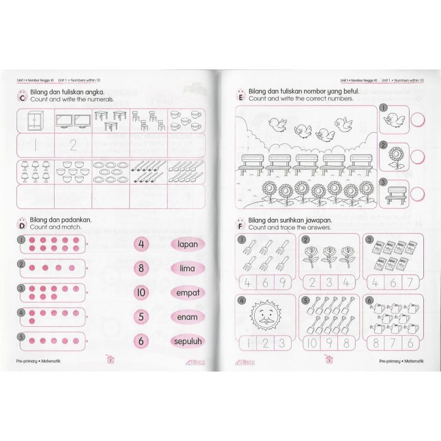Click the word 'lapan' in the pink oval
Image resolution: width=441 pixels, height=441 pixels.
click(187, 244)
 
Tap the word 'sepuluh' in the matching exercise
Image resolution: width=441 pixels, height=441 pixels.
click(187, 341)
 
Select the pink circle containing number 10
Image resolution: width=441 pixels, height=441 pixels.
click(141, 292)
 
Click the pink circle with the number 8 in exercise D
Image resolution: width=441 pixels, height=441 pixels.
click(141, 268)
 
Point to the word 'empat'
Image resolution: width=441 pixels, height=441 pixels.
click(187, 293)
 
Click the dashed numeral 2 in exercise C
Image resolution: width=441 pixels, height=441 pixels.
click(73, 145)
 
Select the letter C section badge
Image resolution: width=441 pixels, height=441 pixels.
click(22, 98)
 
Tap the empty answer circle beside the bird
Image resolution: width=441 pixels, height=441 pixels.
click(418, 120)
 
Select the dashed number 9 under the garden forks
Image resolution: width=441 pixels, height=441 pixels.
click(281, 283)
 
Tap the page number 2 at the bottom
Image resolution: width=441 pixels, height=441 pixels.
click(110, 361)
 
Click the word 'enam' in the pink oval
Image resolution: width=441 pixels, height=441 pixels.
click(187, 317)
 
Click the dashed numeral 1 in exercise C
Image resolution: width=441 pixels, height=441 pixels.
click(36, 145)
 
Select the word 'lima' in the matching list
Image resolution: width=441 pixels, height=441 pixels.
click(187, 268)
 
